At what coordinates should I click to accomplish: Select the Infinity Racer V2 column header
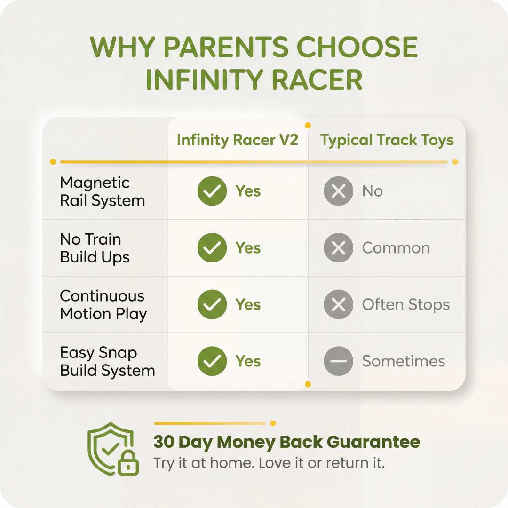(x=238, y=140)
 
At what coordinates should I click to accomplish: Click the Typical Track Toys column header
(x=387, y=140)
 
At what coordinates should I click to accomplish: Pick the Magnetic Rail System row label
(x=103, y=191)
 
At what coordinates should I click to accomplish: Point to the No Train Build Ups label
(x=95, y=248)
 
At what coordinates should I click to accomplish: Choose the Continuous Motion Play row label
(x=103, y=305)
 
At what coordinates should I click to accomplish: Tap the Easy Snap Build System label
(x=107, y=361)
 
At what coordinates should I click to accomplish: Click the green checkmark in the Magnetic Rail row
(x=212, y=191)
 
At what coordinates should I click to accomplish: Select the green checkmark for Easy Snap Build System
(x=212, y=361)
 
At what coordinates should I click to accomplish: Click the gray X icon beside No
(x=338, y=191)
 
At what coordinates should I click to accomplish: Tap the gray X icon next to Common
(x=338, y=248)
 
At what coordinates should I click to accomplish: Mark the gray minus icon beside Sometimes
(x=338, y=361)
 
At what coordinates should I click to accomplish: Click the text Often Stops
(x=405, y=305)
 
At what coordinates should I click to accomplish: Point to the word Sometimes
(x=403, y=361)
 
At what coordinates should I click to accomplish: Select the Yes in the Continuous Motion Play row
(x=248, y=305)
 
